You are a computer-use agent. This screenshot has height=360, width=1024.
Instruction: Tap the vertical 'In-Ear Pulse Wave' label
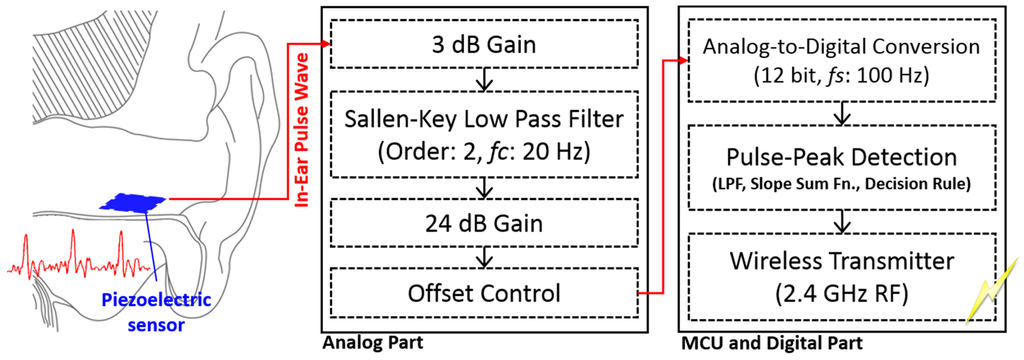[x=305, y=130]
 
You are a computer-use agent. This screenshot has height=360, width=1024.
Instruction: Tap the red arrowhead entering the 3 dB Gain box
[x=328, y=44]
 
